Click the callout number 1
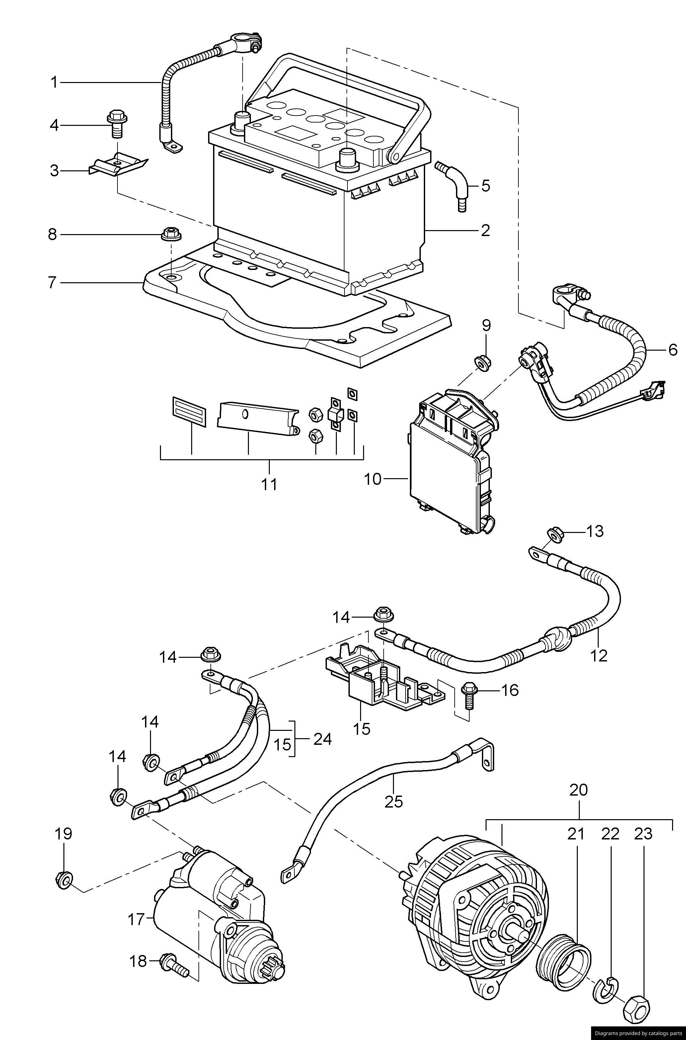click(54, 82)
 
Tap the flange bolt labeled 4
click(117, 124)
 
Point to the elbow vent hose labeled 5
click(453, 186)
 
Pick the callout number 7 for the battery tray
click(52, 283)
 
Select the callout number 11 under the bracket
click(269, 484)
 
